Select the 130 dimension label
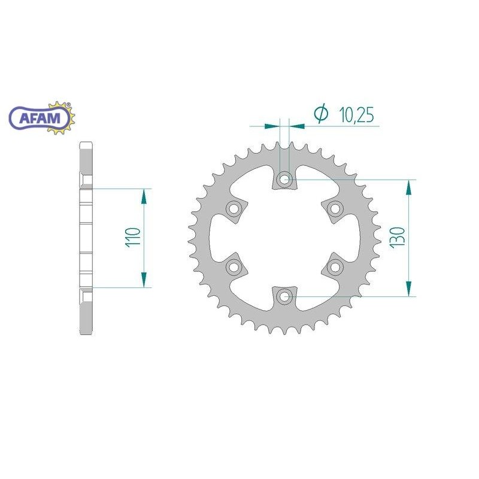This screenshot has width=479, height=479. (x=398, y=237)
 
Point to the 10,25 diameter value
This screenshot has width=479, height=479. (x=356, y=115)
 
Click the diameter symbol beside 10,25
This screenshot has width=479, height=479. (x=321, y=113)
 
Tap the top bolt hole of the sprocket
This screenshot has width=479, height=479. (x=284, y=179)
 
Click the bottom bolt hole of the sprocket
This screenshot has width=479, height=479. (x=284, y=296)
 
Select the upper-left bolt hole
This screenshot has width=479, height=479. (x=234, y=209)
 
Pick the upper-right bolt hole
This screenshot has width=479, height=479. (x=335, y=209)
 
